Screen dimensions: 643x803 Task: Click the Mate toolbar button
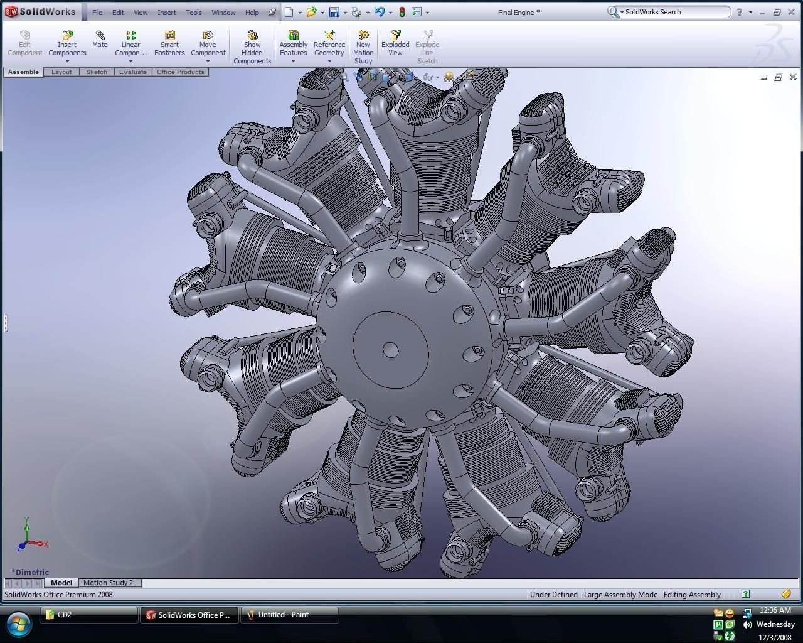[x=100, y=40]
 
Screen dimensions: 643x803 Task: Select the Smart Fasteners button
[x=169, y=44]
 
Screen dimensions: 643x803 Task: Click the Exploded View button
[x=395, y=44]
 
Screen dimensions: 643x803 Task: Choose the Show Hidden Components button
[x=252, y=48]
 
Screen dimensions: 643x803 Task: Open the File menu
[x=97, y=13]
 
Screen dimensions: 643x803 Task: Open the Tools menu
[x=193, y=13]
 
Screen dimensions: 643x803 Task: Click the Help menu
[x=252, y=13]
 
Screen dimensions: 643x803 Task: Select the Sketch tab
[x=97, y=72]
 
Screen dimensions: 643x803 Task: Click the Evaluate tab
[x=133, y=72]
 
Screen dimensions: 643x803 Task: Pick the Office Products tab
[x=181, y=72]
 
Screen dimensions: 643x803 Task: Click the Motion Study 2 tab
[x=109, y=583]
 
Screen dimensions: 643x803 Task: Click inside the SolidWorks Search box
[x=675, y=12]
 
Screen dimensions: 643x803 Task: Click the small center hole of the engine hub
[x=390, y=350]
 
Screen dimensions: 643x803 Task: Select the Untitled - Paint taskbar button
[x=289, y=615]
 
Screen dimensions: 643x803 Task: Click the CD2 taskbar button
[x=88, y=615]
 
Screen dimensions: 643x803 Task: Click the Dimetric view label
[x=30, y=572]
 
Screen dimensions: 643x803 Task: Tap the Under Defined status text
[x=553, y=595]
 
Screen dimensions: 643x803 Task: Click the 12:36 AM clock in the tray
[x=775, y=610]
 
